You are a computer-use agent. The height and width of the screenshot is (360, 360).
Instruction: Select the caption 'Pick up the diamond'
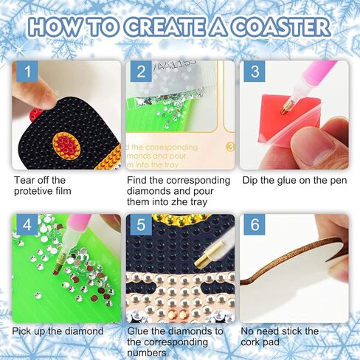pyautogui.click(x=58, y=331)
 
